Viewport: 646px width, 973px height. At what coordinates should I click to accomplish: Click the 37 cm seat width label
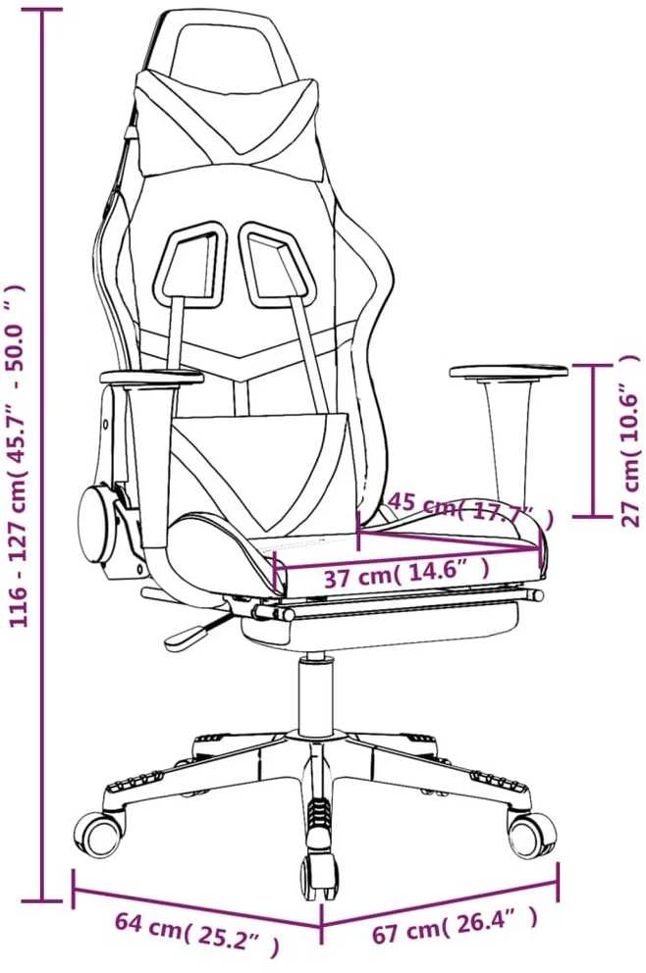point(406,577)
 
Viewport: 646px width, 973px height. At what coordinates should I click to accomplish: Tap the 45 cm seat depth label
point(469,510)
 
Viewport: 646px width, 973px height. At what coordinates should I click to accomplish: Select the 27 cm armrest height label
point(628,440)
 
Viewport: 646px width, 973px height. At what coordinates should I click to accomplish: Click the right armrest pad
point(509,371)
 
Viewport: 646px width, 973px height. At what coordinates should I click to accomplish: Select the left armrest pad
point(151,376)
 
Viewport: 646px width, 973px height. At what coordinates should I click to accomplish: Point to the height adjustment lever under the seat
point(195,629)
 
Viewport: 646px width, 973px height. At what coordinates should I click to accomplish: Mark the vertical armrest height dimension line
point(593,440)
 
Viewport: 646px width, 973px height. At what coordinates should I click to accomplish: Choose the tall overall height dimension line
point(42,455)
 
